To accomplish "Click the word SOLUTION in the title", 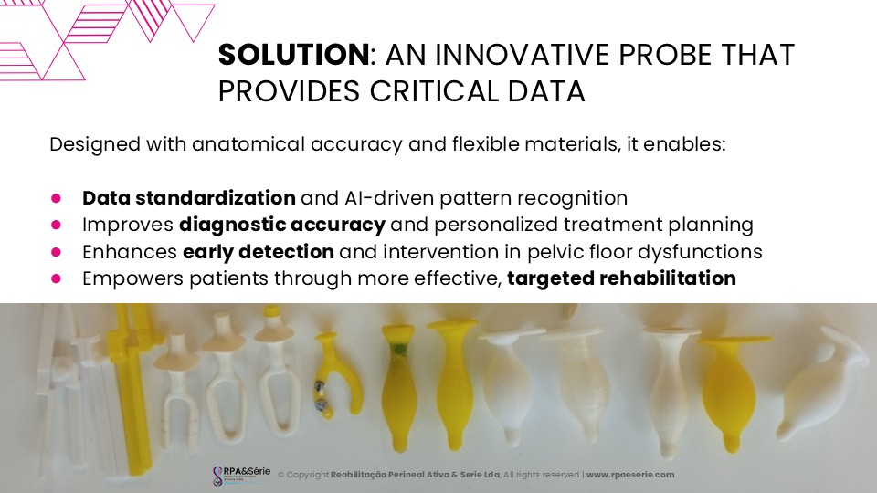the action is click(x=293, y=55).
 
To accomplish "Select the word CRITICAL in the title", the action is click(x=435, y=91).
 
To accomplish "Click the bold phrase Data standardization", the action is click(x=189, y=198).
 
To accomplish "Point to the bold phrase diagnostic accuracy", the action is click(x=282, y=225).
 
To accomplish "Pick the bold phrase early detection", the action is click(x=259, y=252).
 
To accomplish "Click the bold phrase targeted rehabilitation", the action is click(x=621, y=278).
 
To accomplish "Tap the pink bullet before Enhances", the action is click(x=56, y=252).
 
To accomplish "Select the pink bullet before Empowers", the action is click(x=56, y=278).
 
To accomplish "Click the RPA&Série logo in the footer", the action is click(x=241, y=475).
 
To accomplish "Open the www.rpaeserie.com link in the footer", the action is click(x=630, y=475).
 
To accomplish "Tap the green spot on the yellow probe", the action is click(x=399, y=350).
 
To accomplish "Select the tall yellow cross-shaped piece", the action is click(x=134, y=385).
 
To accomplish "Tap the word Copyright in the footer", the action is click(x=308, y=475).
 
